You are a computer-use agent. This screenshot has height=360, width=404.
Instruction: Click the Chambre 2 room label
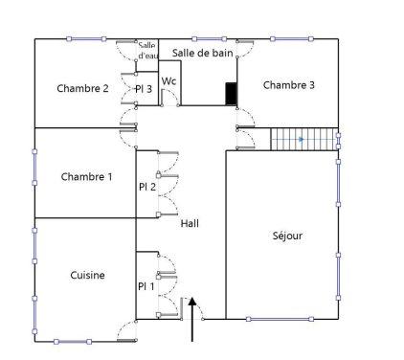point(82,89)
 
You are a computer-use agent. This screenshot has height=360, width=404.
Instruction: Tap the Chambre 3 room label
point(288,85)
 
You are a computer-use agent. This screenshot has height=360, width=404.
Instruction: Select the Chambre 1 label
point(86,177)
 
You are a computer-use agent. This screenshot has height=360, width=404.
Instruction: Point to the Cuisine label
point(88,276)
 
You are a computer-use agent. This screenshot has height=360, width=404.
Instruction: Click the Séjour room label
point(286,236)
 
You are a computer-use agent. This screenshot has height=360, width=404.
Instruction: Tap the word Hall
point(190,223)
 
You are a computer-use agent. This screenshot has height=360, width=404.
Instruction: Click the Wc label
point(168,81)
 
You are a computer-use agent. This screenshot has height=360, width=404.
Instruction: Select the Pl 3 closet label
point(144,90)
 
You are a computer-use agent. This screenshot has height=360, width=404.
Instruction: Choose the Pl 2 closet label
point(146,187)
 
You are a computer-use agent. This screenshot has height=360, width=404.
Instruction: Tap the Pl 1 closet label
point(146,285)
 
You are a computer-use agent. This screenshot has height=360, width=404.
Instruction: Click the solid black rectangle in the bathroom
point(231,93)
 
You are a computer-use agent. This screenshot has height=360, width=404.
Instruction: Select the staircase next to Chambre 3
point(304,140)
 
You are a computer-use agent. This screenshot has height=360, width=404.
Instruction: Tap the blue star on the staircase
point(302,140)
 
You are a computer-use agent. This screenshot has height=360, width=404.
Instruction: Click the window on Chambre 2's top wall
point(85,39)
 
